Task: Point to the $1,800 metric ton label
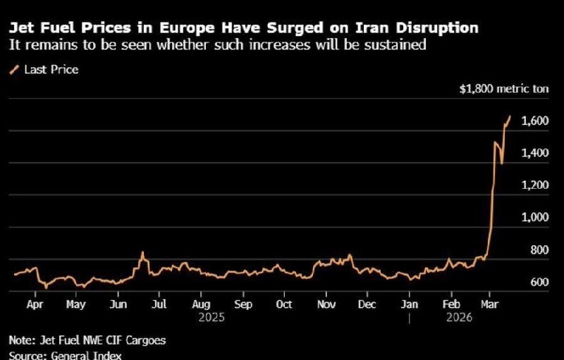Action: click(x=492, y=89)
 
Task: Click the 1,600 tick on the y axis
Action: click(x=535, y=121)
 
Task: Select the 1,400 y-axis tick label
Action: click(x=535, y=153)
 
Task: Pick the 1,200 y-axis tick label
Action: click(x=535, y=185)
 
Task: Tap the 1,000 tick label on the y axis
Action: click(x=535, y=218)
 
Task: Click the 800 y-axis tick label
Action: click(x=539, y=249)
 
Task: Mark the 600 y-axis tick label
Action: click(x=539, y=282)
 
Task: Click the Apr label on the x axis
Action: click(x=35, y=305)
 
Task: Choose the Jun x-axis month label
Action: click(x=118, y=305)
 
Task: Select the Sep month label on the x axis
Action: click(x=243, y=305)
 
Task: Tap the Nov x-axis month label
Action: click(x=326, y=305)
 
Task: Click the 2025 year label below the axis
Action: click(x=211, y=318)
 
